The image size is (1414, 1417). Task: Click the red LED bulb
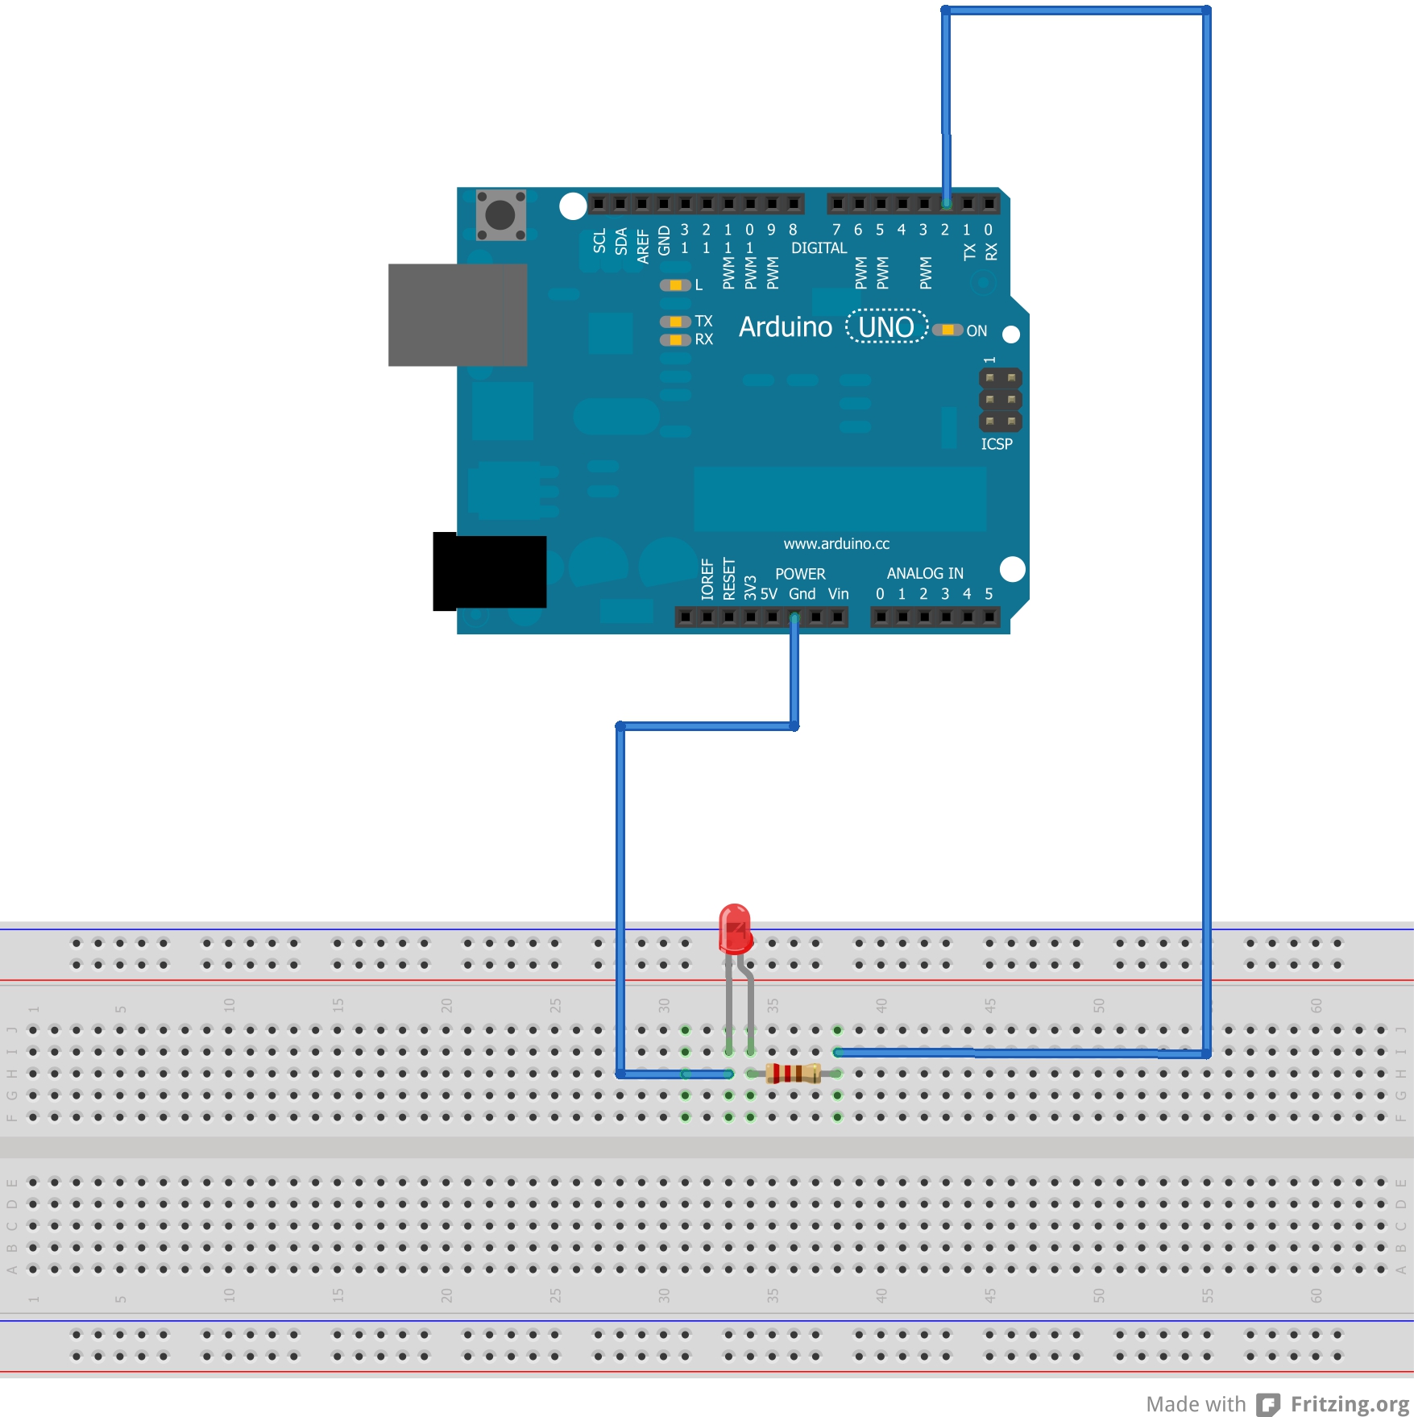(735, 929)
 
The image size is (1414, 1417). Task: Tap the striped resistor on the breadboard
(794, 1073)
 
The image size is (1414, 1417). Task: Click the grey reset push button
(500, 214)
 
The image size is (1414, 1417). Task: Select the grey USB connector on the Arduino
(458, 314)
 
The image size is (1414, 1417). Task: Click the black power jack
(489, 571)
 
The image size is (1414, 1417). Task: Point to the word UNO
(886, 326)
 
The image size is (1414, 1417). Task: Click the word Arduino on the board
(785, 326)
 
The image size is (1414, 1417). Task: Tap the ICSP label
(997, 444)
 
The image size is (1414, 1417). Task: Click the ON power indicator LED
(948, 330)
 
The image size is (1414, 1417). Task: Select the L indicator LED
(675, 285)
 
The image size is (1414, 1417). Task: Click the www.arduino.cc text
(836, 544)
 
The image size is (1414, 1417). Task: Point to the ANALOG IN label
(925, 573)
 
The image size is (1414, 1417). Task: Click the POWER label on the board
(800, 574)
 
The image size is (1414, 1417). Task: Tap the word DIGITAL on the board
(819, 248)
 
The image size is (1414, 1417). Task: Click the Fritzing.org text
(1350, 1404)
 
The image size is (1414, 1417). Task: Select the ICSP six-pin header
(1000, 400)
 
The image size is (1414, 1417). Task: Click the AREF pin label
(643, 246)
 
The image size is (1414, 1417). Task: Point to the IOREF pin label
(707, 579)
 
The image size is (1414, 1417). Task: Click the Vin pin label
(838, 594)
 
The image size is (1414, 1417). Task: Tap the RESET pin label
(729, 579)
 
